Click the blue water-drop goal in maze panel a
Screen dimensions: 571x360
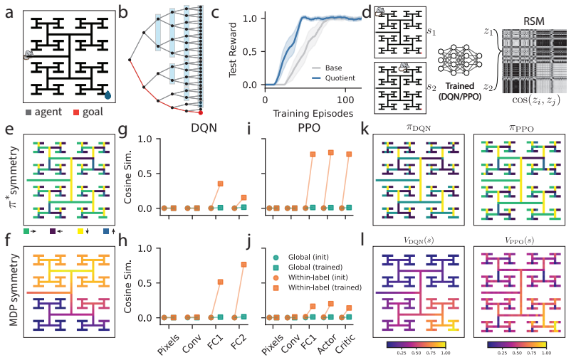coord(108,95)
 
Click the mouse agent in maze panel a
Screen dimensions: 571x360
coord(28,55)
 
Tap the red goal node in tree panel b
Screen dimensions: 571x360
coord(200,113)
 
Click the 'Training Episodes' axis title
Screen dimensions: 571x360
coord(313,114)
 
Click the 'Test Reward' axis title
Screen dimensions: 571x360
coord(233,50)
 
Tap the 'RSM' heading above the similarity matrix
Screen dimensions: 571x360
coord(534,21)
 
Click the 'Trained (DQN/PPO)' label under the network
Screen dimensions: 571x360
coord(460,91)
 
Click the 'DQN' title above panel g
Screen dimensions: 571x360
coord(204,127)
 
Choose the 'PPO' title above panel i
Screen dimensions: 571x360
coord(309,127)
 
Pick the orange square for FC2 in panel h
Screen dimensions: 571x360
coord(243,265)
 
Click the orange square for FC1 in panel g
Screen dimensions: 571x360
coord(220,184)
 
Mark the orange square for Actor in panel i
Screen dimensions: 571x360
coord(330,153)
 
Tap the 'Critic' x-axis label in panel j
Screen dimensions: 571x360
coord(345,344)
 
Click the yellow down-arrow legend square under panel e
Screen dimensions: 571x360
coord(80,231)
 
